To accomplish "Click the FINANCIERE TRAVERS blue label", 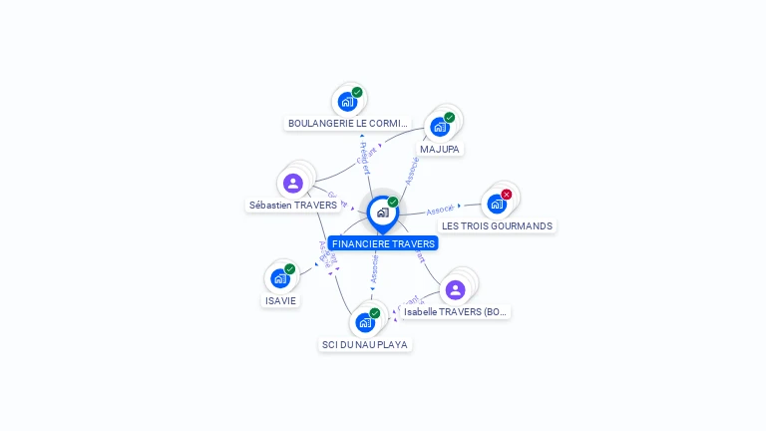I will (x=383, y=243).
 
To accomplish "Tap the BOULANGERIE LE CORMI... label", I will (x=347, y=124).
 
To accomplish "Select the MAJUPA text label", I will (x=440, y=149).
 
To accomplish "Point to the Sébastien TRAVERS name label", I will (x=292, y=206).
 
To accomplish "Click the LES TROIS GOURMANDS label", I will (x=497, y=226).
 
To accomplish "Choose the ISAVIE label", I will (x=280, y=300).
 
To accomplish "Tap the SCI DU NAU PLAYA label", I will (x=364, y=344).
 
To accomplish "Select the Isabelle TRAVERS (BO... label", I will (x=457, y=312).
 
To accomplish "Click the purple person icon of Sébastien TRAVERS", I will (x=292, y=183).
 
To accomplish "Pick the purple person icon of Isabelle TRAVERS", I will (x=456, y=289).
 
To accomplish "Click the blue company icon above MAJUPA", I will (x=438, y=127).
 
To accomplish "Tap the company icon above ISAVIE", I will (x=279, y=278).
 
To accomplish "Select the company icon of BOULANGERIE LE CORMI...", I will (x=346, y=101).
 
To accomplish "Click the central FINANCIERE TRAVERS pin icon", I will (x=382, y=213).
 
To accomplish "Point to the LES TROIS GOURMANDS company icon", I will (x=496, y=204).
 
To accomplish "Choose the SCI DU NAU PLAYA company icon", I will (x=364, y=322).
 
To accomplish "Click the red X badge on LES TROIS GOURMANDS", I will (x=507, y=195).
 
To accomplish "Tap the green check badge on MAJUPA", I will (x=449, y=118).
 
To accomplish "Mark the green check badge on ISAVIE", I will (x=289, y=269).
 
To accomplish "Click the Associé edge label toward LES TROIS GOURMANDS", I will (x=440, y=210).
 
